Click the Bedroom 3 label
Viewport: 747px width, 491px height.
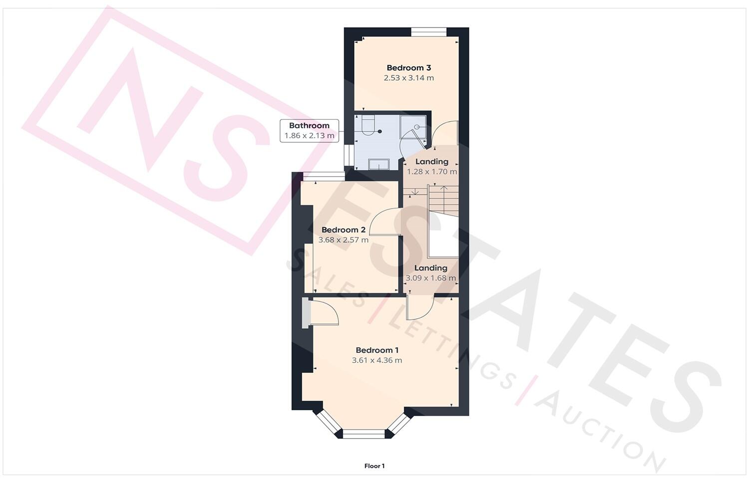tap(408, 68)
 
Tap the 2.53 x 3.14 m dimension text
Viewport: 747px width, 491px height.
tap(408, 78)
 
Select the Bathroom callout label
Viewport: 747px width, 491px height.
tap(309, 126)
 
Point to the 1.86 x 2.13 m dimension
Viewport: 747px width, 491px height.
tap(309, 136)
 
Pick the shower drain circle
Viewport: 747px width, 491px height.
tap(416, 127)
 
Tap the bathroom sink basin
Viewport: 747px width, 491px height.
tap(378, 164)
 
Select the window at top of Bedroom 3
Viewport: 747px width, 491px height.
tap(428, 32)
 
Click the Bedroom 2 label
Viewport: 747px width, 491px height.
tap(343, 230)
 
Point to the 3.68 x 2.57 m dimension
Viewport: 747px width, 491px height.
tap(343, 240)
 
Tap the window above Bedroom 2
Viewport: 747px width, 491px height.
tap(323, 176)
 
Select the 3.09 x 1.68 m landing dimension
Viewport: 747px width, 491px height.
tap(430, 278)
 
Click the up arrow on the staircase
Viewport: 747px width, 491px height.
tap(444, 190)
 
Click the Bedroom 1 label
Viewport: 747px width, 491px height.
tap(376, 350)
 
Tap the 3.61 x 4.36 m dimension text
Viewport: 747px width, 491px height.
tap(376, 360)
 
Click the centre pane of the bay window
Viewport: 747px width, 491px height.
tap(364, 434)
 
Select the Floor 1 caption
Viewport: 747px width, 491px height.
tap(374, 466)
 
